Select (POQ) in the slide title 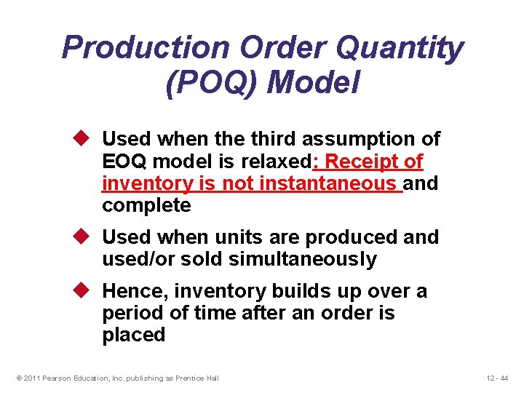click(x=212, y=82)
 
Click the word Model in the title click(x=314, y=82)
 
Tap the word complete click(x=146, y=205)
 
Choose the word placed click(x=134, y=336)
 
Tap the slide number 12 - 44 click(x=499, y=377)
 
